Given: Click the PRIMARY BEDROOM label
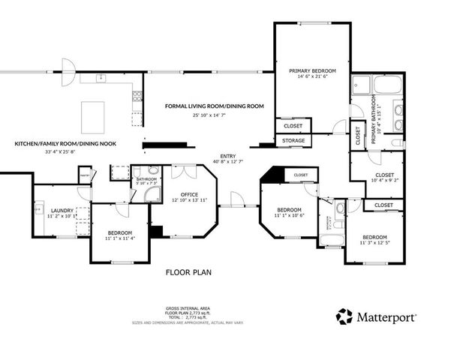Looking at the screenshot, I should (312, 70).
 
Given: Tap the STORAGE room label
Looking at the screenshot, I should (293, 140).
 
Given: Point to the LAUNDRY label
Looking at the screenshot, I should (62, 211).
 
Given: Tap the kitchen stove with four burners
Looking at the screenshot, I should (137, 95).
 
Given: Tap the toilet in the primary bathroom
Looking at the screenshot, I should (399, 142).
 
